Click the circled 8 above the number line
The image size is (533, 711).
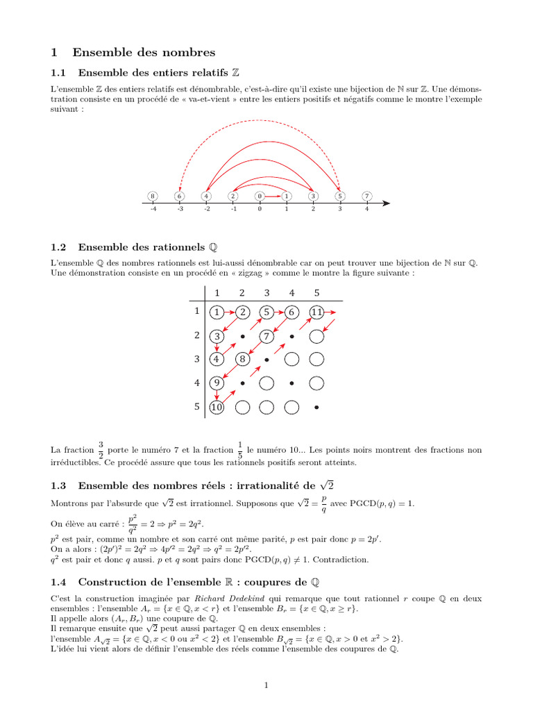coord(153,196)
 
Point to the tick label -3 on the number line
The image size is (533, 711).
coord(180,209)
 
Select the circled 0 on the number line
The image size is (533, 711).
coord(260,196)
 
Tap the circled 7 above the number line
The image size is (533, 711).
coord(366,196)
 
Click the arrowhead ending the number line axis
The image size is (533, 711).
coord(387,203)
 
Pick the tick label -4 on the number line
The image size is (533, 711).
coord(153,209)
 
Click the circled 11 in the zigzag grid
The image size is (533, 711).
coord(316,312)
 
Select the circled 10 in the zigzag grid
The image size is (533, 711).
coord(217,408)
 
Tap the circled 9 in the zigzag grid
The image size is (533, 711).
coord(217,383)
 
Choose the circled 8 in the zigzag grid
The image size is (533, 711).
coord(242,360)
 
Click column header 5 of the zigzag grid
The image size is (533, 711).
coord(316,292)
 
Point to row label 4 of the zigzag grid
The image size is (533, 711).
coord(196,383)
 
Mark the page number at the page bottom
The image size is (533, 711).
coord(266,686)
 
